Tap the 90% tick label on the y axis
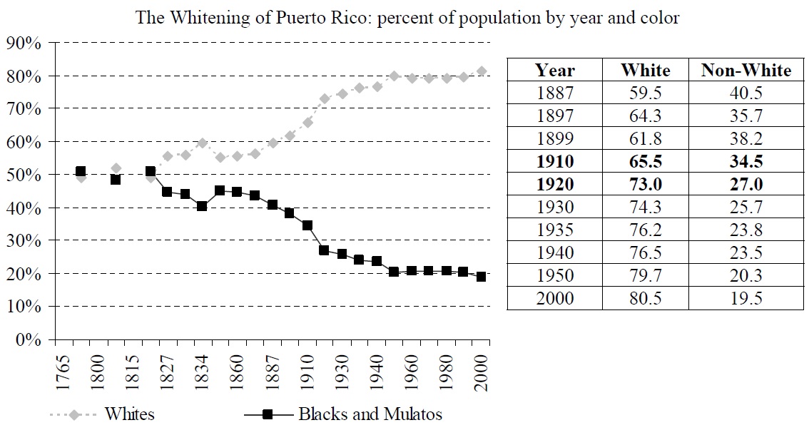pyautogui.click(x=23, y=44)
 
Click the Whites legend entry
pyautogui.click(x=129, y=414)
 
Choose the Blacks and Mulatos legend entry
pyautogui.click(x=370, y=414)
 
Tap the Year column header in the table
pyautogui.click(x=555, y=70)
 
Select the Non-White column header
pyautogui.click(x=746, y=70)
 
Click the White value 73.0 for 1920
pyautogui.click(x=645, y=184)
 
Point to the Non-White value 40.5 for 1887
pyautogui.click(x=746, y=93)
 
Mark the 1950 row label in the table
pyautogui.click(x=555, y=275)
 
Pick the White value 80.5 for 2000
pyautogui.click(x=645, y=298)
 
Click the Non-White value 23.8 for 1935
pyautogui.click(x=746, y=230)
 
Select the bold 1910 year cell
pyautogui.click(x=555, y=161)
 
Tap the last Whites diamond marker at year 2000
pyautogui.click(x=482, y=71)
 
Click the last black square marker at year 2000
pyautogui.click(x=482, y=277)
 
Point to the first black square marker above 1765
pyautogui.click(x=81, y=172)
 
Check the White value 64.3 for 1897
pyautogui.click(x=645, y=116)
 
